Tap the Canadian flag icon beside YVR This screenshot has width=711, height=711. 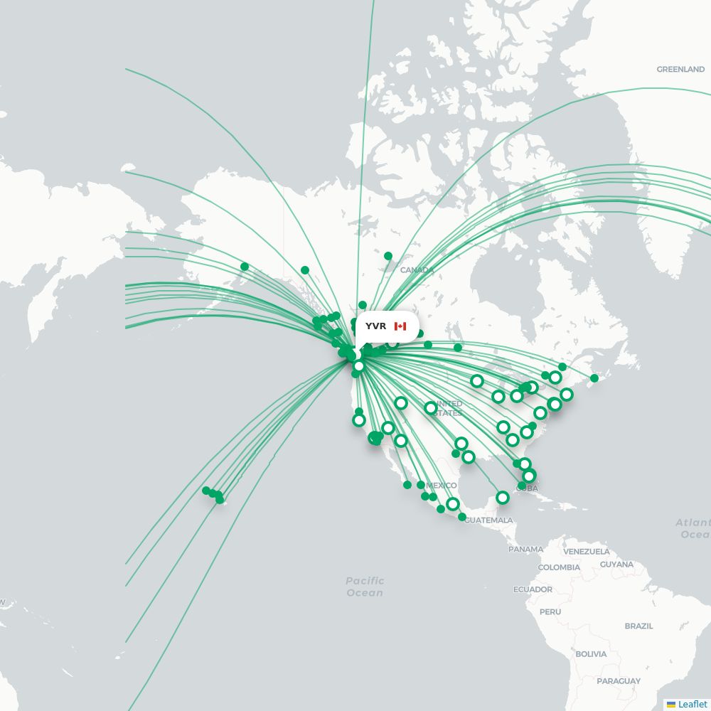click(x=400, y=326)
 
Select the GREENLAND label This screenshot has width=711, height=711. click(x=680, y=70)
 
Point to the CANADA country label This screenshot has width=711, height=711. click(x=417, y=270)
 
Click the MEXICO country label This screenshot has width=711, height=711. click(x=441, y=486)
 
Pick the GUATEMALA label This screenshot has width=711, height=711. click(x=488, y=520)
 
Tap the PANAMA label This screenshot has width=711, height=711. click(x=525, y=549)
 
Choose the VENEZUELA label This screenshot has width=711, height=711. click(x=587, y=552)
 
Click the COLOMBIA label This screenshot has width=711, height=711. click(x=559, y=567)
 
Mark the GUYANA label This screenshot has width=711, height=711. click(x=616, y=565)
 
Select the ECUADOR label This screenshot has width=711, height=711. click(x=533, y=589)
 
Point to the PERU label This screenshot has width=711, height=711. click(x=550, y=611)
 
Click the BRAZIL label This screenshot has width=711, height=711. click(x=638, y=626)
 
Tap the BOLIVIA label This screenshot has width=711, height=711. click(x=591, y=654)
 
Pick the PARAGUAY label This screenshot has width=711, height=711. click(x=619, y=681)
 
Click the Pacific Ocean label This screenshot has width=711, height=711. click(x=365, y=587)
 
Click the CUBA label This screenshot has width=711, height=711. click(x=528, y=488)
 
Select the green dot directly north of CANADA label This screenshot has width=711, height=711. click(x=388, y=256)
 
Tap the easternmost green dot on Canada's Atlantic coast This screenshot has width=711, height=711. click(x=594, y=378)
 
